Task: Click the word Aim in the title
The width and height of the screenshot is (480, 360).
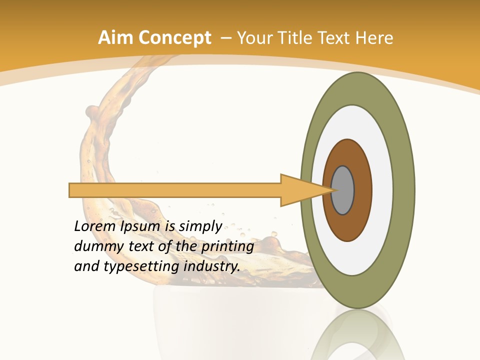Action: coord(115,38)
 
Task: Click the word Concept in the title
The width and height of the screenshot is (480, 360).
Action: coord(174,38)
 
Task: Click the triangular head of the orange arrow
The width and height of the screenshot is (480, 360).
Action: coord(300,190)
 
